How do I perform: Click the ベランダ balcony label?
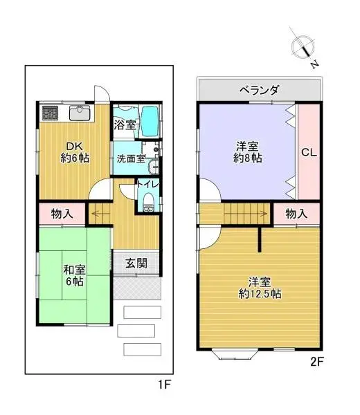(x=260, y=90)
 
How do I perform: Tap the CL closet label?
(x=309, y=153)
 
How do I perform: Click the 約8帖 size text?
(x=248, y=158)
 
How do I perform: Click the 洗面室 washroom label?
(x=130, y=158)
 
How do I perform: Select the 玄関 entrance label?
(x=136, y=264)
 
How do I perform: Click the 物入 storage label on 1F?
(x=63, y=214)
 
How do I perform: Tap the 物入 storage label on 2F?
(x=296, y=214)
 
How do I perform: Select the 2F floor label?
(x=316, y=360)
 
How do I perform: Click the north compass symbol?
(x=303, y=47)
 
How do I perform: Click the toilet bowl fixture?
(x=147, y=201)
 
